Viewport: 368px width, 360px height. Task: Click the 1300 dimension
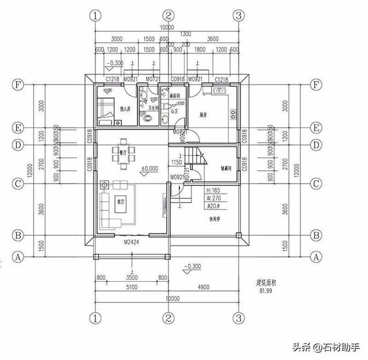[185, 34]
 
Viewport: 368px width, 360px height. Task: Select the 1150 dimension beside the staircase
[177, 163]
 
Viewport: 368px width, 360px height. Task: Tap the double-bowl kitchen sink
[219, 91]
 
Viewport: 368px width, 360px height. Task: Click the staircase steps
[190, 156]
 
